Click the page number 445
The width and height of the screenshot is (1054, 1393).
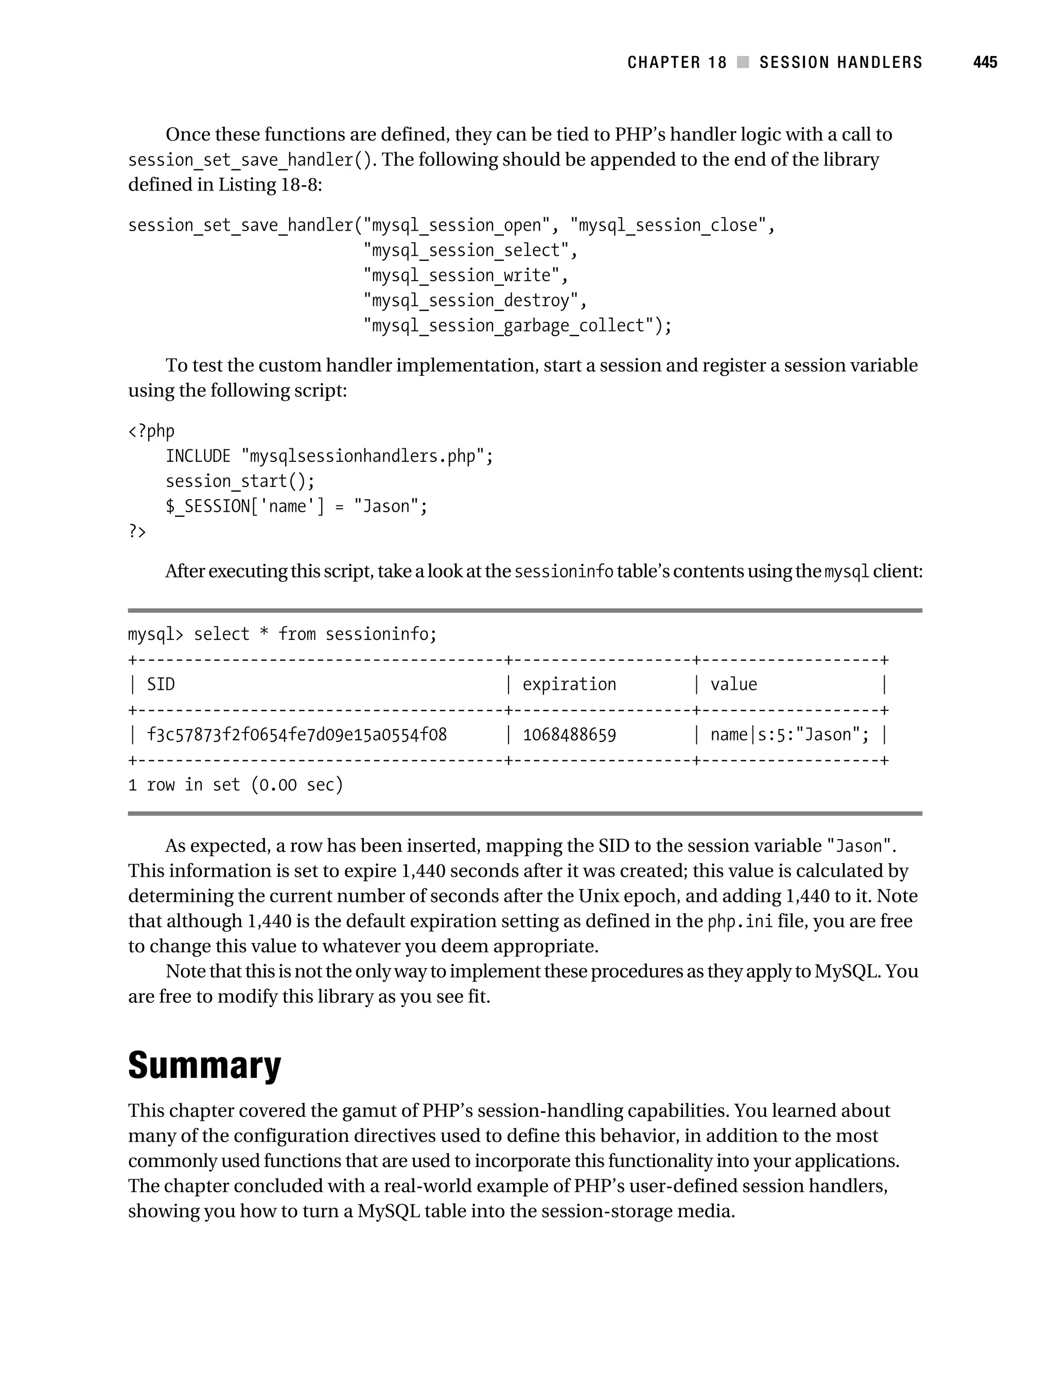[985, 62]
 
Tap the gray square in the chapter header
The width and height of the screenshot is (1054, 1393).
[743, 62]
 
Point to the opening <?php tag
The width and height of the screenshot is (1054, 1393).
[151, 431]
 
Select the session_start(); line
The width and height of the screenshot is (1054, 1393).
[240, 482]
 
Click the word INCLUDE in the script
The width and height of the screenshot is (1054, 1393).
[198, 457]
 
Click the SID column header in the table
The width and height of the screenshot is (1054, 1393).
[161, 685]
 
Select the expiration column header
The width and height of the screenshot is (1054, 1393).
[569, 685]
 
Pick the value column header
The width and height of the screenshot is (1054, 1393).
[733, 685]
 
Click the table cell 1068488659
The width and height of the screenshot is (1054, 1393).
[569, 735]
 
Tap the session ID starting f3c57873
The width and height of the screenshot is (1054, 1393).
[296, 735]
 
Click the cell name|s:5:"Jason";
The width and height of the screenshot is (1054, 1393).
[789, 735]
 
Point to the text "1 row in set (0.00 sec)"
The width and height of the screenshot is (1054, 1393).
[236, 785]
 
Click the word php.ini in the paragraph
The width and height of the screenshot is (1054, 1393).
[740, 922]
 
